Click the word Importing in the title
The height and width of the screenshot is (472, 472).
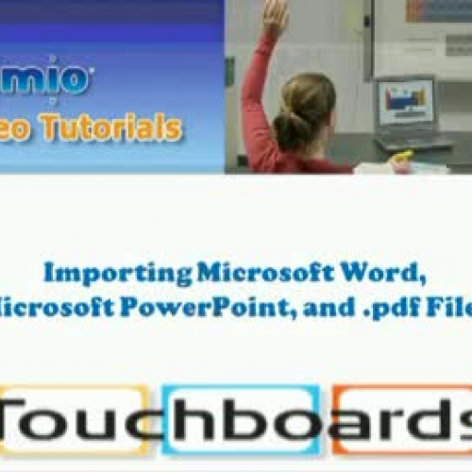pos(117,274)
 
